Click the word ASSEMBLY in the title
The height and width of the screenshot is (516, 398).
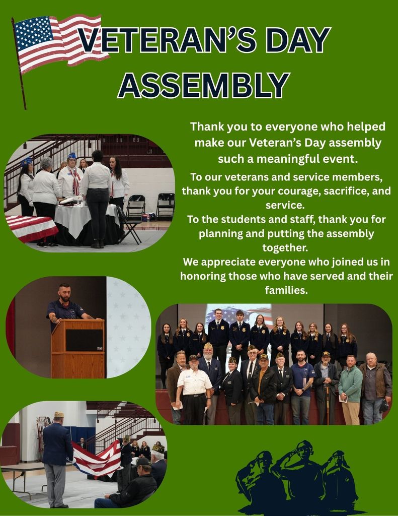click(x=204, y=84)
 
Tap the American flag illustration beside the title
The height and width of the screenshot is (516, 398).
click(x=58, y=43)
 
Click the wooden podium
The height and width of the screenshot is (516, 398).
click(x=77, y=348)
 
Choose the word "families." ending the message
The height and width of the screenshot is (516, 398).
click(x=286, y=290)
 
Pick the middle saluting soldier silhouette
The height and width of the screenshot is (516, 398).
click(x=302, y=474)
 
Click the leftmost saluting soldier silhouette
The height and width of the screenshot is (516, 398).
click(x=257, y=479)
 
